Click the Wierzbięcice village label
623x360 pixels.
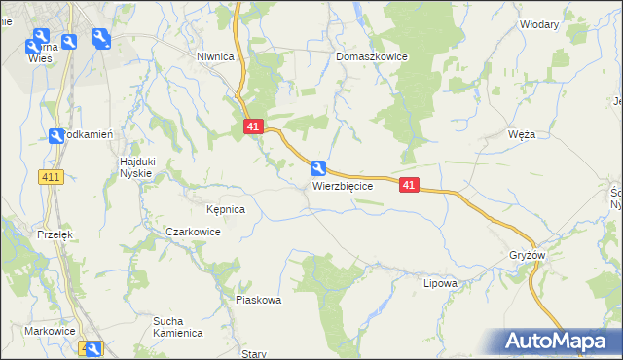coord(342,186)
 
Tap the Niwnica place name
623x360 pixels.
coord(215,56)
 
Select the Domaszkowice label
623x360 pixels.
coord(372,56)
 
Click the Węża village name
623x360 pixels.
coord(522,135)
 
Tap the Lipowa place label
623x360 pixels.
coord(440,283)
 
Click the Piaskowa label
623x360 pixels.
coord(258,300)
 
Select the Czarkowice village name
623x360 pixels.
coord(193,233)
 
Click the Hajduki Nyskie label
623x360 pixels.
coord(137,166)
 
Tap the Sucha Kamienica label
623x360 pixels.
coord(177,326)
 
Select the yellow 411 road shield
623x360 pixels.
coord(52,176)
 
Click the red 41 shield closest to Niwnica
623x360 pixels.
coord(253,126)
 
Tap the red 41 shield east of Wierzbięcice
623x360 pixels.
coord(409,185)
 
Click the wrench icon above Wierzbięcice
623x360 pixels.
coord(319,167)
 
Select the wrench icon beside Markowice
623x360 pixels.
coord(92,348)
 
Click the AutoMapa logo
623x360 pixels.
coord(556,341)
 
